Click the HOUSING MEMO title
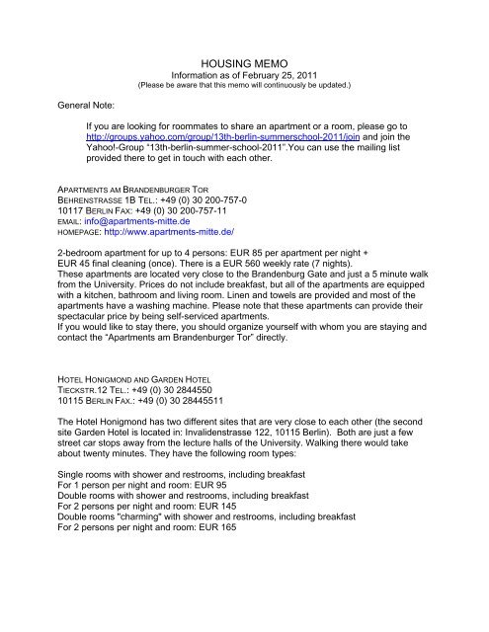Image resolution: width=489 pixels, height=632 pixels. click(243, 61)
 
